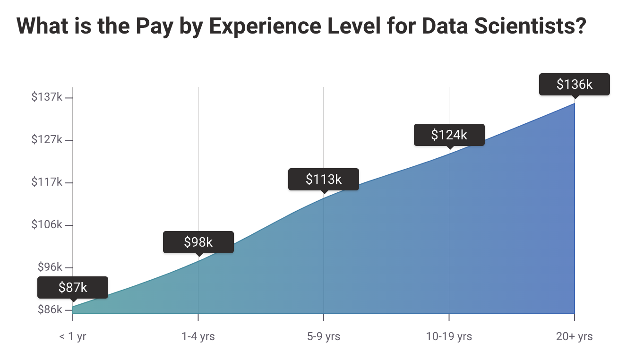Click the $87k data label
(x=73, y=287)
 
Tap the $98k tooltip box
(x=198, y=242)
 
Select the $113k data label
(x=324, y=179)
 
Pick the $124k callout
(x=449, y=135)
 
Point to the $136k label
(x=574, y=84)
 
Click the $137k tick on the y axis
(x=47, y=97)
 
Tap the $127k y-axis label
(x=47, y=140)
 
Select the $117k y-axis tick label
(x=47, y=182)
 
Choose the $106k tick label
(x=47, y=225)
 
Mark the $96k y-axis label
(x=50, y=267)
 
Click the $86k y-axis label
(x=50, y=310)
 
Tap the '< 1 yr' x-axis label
(x=73, y=337)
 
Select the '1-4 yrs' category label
(x=198, y=337)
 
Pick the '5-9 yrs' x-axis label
(x=324, y=337)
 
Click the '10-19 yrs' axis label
(x=449, y=337)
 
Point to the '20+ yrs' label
(x=574, y=337)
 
